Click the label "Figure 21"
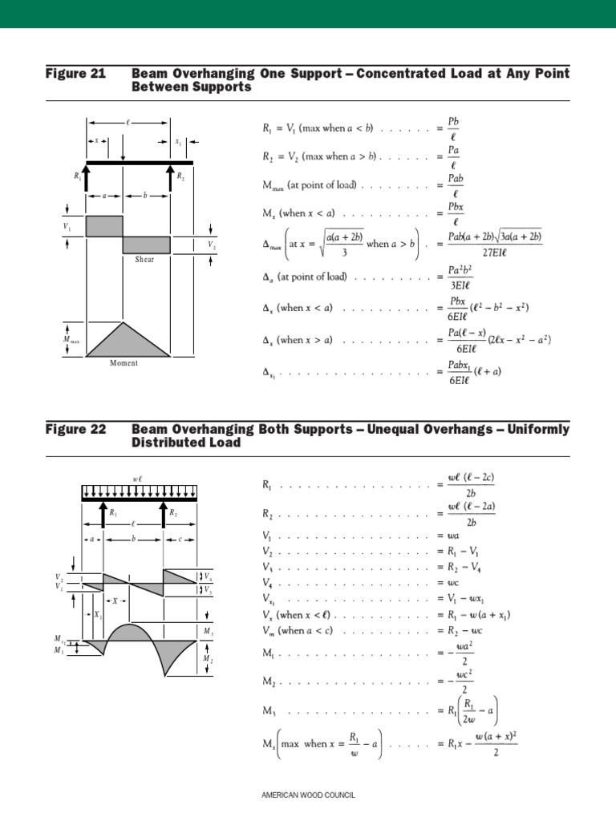click(x=76, y=74)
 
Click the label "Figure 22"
click(x=76, y=430)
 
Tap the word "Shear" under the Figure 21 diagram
click(x=144, y=260)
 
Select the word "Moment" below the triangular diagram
click(x=124, y=363)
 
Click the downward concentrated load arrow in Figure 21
click(x=123, y=148)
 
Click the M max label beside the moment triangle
click(x=71, y=340)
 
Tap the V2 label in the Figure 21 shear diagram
click(x=211, y=245)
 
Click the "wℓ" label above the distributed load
click(x=137, y=479)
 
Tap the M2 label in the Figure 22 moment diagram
click(x=208, y=659)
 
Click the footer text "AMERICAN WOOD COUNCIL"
click(x=308, y=795)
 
